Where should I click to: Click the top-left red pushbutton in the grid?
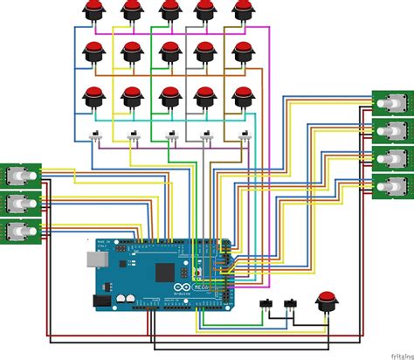93,10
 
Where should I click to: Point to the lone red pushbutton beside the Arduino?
328,301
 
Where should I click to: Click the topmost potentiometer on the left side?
19,175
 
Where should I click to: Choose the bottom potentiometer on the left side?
19,232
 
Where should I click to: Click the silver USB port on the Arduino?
94,260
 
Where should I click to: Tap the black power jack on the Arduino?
100,300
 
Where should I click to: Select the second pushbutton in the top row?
131,10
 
